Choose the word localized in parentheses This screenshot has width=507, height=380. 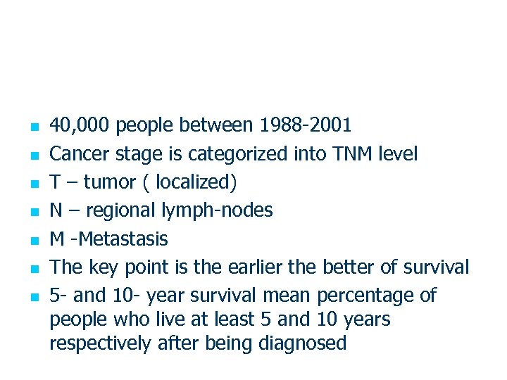194,182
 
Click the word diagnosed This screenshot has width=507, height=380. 303,343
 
